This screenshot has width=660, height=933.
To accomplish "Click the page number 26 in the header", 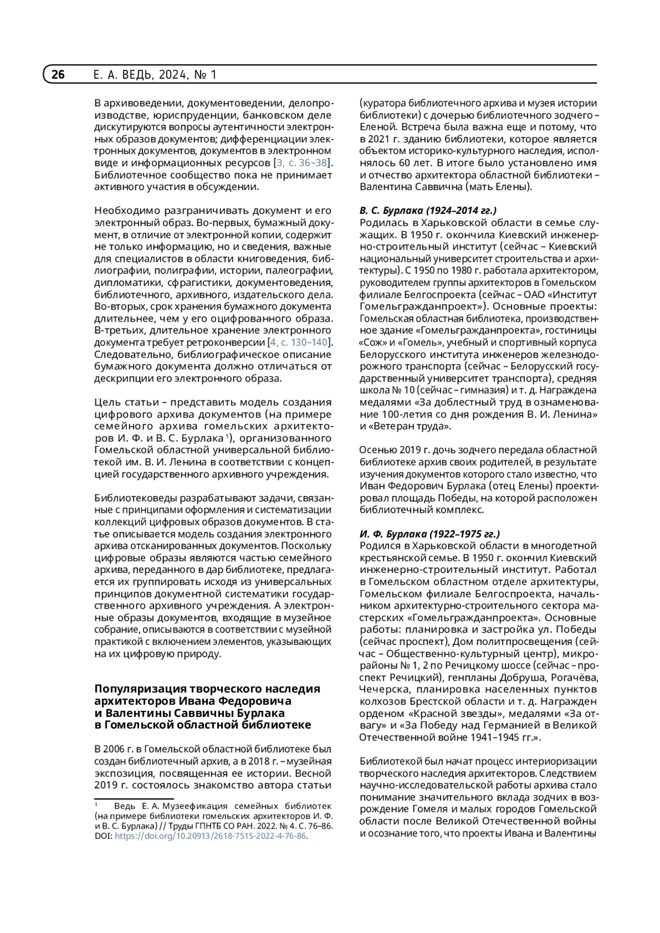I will point(58,74).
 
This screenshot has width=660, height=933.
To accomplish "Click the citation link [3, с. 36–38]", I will point(302,163).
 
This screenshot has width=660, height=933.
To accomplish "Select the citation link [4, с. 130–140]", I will point(300,343).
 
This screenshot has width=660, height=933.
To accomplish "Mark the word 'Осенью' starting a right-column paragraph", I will point(378,450).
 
